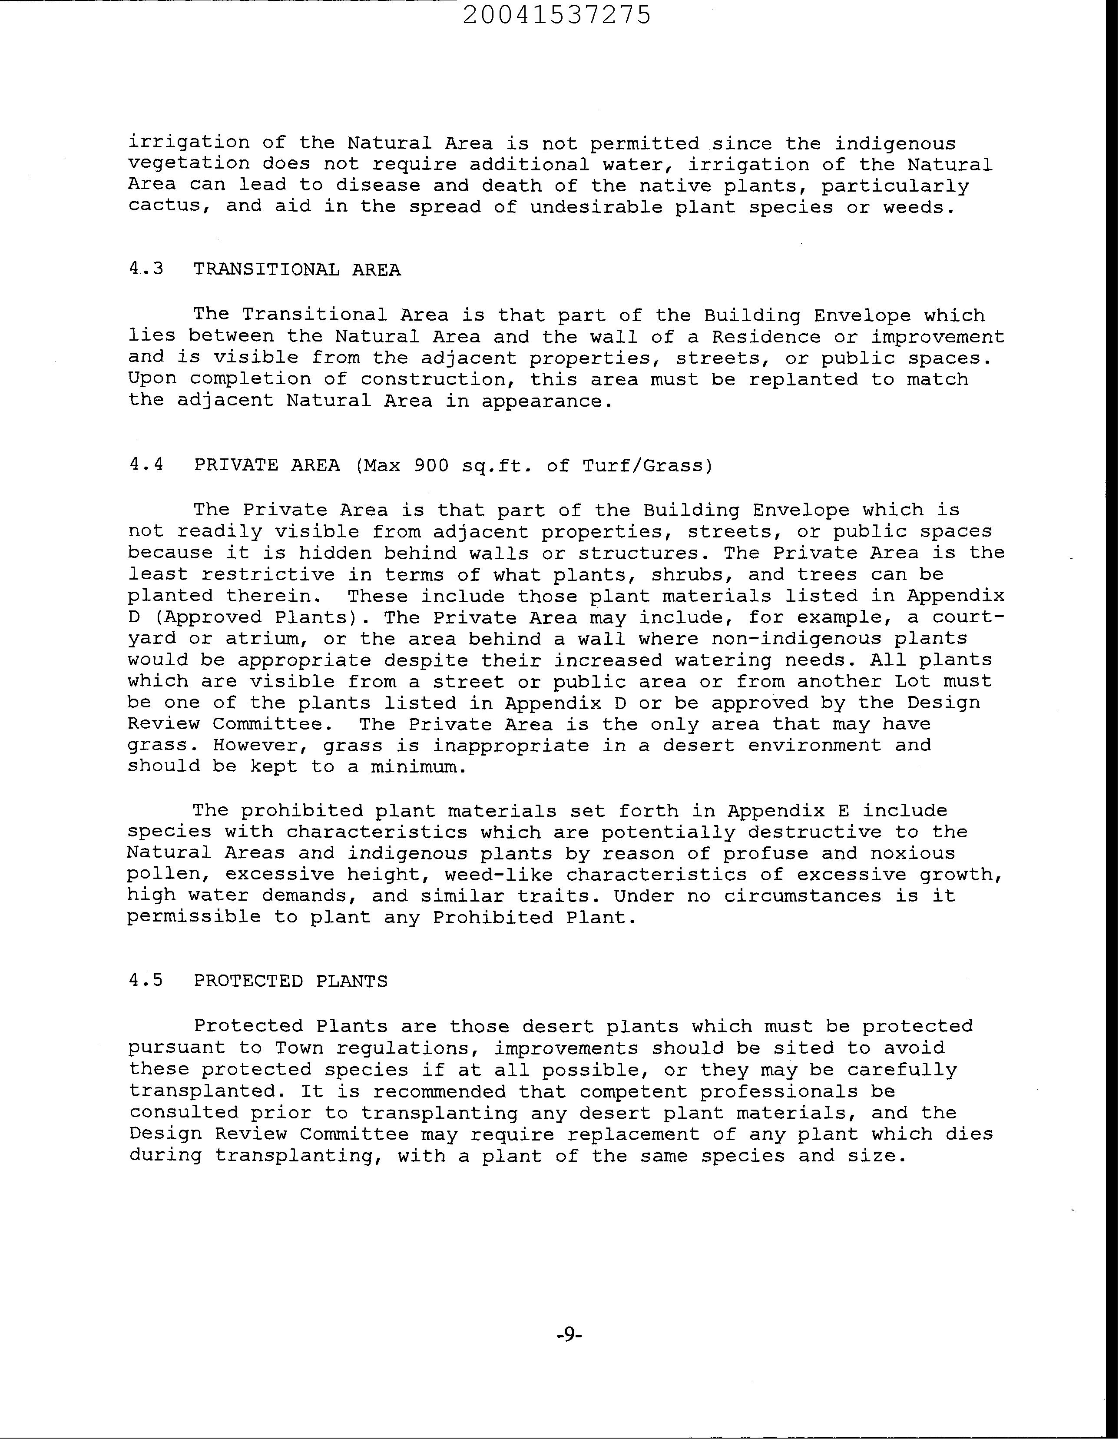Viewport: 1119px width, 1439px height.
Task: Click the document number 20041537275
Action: pyautogui.click(x=556, y=14)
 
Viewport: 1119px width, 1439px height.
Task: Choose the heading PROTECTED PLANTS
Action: pyautogui.click(x=291, y=981)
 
